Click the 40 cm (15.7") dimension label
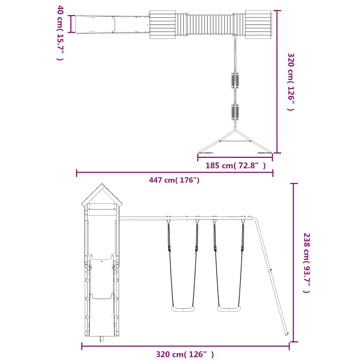pos(60,33)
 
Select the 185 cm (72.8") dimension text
pos(235,166)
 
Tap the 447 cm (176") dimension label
pos(174,180)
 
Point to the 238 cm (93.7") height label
pos(307,263)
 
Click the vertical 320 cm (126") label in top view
pos(291,82)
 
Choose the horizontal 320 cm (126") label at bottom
pos(185,354)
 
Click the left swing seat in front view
pos(183,309)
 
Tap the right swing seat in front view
pos(229,309)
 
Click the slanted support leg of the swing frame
pos(271,276)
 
